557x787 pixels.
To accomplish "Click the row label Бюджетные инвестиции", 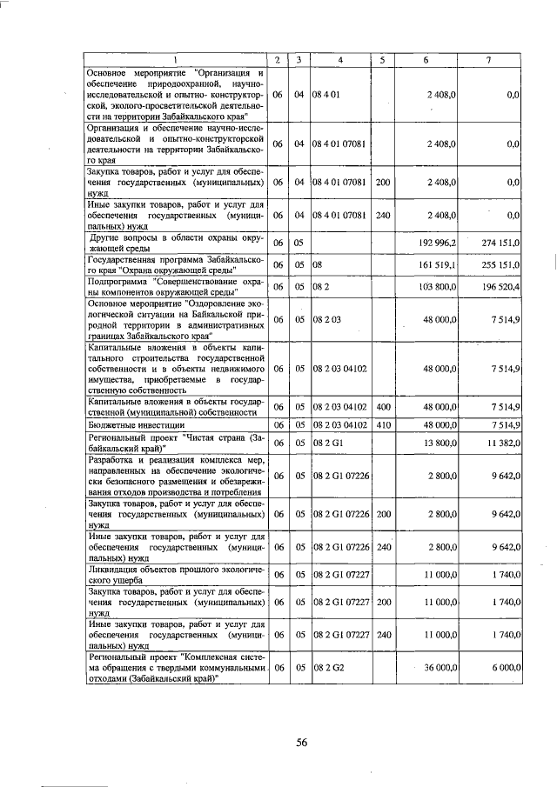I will [x=128, y=424].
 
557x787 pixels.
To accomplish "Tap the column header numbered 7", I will [x=490, y=59].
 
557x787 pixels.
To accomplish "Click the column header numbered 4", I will [x=340, y=59].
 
